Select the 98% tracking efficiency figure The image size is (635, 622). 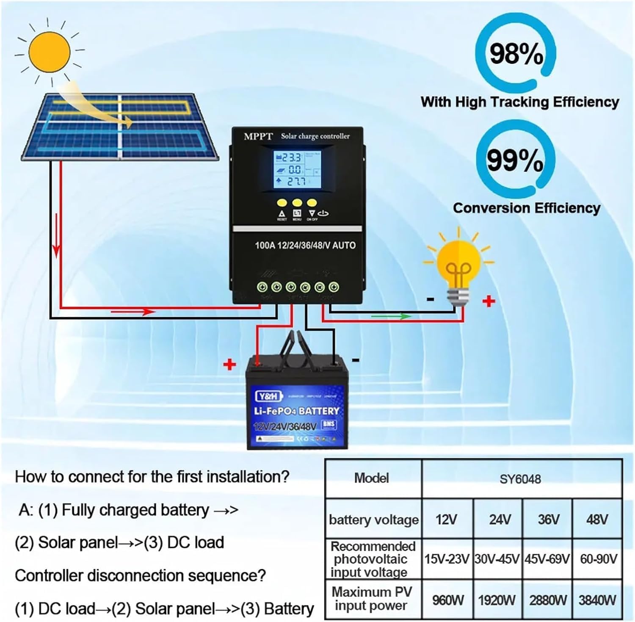(516, 54)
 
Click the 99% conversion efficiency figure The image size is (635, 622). (515, 160)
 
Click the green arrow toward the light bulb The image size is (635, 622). (390, 316)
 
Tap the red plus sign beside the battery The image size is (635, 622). (229, 364)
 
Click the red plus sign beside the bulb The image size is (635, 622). (489, 301)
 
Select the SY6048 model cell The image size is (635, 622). (520, 479)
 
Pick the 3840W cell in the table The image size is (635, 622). (597, 600)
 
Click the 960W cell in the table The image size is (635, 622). (447, 600)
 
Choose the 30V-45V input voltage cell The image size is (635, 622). (497, 559)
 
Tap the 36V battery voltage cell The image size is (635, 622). (548, 519)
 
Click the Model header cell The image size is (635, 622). (372, 478)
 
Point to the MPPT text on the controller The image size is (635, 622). (258, 136)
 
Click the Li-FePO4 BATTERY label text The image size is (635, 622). (297, 411)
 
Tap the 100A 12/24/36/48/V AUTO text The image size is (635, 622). (305, 245)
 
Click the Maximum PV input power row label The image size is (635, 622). (372, 598)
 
